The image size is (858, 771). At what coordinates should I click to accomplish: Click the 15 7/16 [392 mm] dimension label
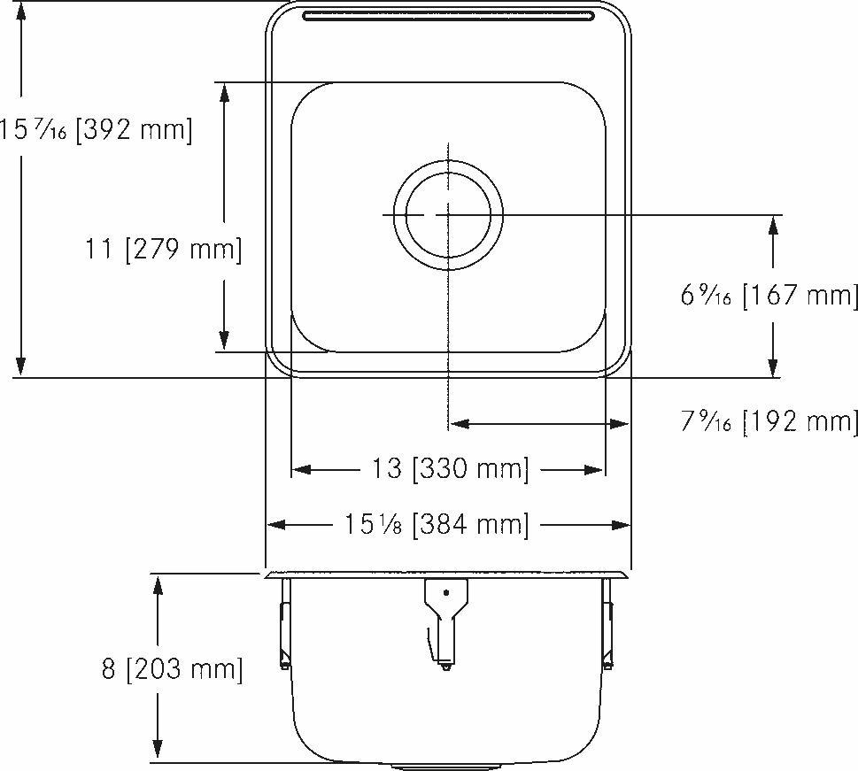coord(96,130)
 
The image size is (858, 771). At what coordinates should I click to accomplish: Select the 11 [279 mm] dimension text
coord(163,250)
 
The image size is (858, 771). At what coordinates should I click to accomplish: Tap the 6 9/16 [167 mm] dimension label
coord(769,295)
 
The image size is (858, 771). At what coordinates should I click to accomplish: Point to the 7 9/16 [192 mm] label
coord(769,421)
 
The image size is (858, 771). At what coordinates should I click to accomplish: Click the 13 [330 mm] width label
coord(449,468)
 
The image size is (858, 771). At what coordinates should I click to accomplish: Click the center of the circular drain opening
coord(448,215)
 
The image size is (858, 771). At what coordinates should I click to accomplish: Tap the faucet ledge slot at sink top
coord(448,15)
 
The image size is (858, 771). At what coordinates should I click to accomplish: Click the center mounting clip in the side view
coord(445,620)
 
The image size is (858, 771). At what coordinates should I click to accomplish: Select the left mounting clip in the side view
coord(284,624)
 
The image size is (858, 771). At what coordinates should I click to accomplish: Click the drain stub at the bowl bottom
coord(447,765)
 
